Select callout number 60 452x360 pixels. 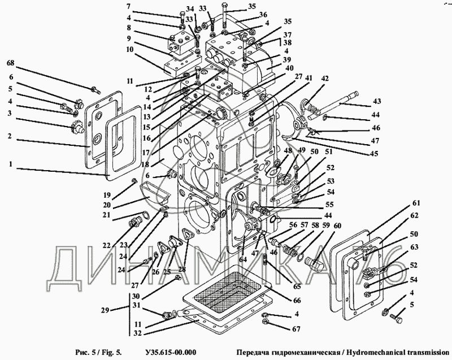click(337, 226)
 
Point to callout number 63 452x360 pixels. click(415, 246)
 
